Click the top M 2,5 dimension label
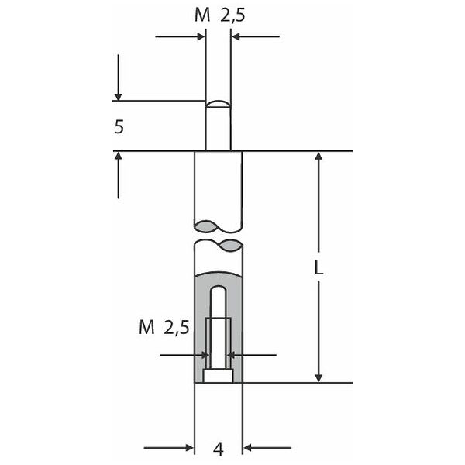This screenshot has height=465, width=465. (220, 15)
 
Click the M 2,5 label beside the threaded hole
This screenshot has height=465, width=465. (164, 328)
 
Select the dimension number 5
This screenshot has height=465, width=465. (119, 127)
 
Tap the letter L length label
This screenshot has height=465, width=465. (319, 268)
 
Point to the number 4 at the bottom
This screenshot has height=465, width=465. (219, 449)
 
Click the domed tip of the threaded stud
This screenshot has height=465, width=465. (219, 104)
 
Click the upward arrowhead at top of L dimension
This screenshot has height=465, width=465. (319, 157)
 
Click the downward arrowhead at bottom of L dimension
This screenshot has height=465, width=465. (319, 378)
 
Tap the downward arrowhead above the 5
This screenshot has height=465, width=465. (119, 97)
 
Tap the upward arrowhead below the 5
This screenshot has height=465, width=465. (119, 156)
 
